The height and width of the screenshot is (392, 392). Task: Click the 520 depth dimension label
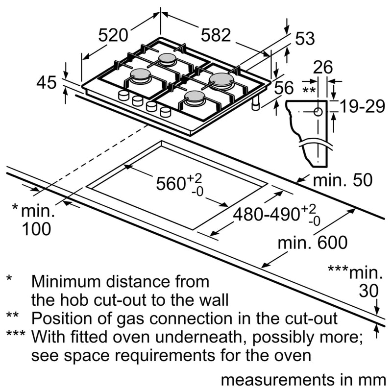[113, 35]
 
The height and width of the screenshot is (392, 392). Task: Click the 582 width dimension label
[216, 35]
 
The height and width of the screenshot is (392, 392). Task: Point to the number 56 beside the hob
[283, 88]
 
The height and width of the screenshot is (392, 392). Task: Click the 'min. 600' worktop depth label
[312, 242]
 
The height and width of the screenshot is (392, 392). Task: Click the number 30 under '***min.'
[368, 291]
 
